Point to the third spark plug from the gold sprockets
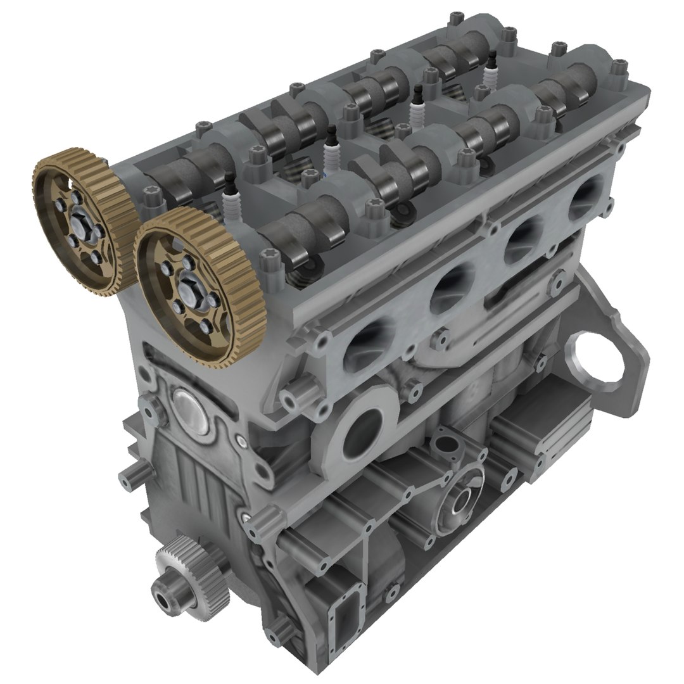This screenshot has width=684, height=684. (x=417, y=108)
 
